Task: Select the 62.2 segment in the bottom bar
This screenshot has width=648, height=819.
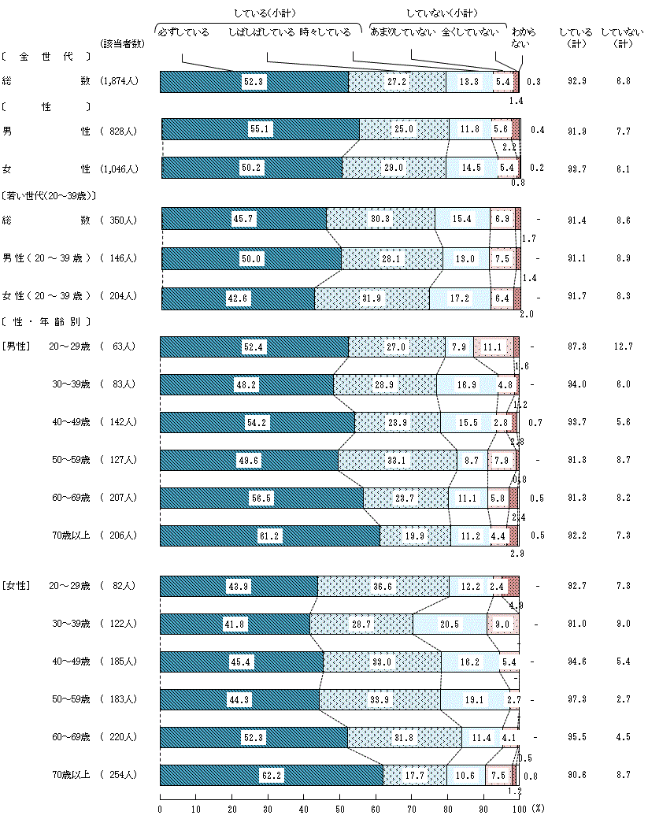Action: (x=271, y=775)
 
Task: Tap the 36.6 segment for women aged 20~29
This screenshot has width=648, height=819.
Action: (x=383, y=587)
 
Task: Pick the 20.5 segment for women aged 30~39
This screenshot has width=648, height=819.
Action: (x=450, y=624)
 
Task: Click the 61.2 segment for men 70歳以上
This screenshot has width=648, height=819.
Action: (x=269, y=536)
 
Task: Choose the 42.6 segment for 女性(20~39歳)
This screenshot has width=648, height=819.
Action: (x=238, y=297)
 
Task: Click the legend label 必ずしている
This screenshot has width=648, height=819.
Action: (x=183, y=32)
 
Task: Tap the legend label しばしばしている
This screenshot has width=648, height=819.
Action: (x=261, y=32)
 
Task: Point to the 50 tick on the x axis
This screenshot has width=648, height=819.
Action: (x=339, y=808)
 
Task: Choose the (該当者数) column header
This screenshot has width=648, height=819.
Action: (x=123, y=43)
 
